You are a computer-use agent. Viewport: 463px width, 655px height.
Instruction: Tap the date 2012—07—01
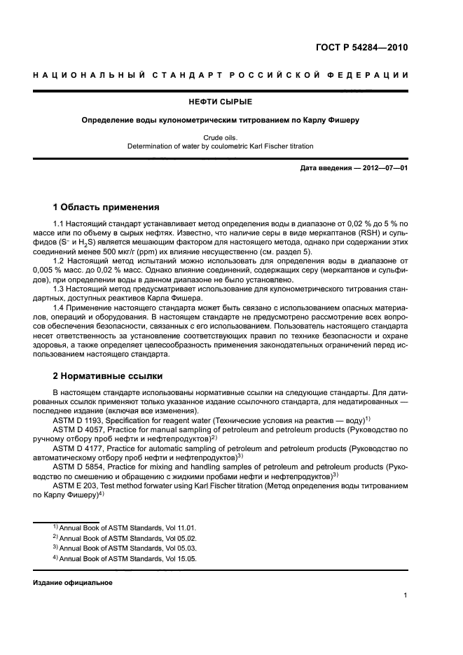point(384,169)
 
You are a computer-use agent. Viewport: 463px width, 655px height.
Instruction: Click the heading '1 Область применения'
point(106,207)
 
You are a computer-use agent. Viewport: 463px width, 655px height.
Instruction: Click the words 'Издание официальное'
point(72,582)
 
